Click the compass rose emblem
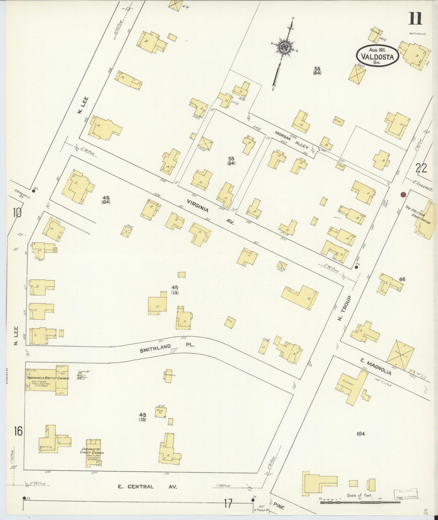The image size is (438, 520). click(x=285, y=47)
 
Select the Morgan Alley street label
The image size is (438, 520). click(x=292, y=140)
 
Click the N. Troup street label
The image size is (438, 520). click(x=345, y=312)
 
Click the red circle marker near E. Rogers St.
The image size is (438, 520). click(x=403, y=195)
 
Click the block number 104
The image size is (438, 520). click(x=360, y=434)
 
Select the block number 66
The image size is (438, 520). click(x=402, y=279)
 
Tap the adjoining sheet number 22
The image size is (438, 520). click(x=421, y=168)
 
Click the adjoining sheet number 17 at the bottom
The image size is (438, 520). click(x=228, y=503)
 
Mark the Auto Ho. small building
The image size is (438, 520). click(x=160, y=412)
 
